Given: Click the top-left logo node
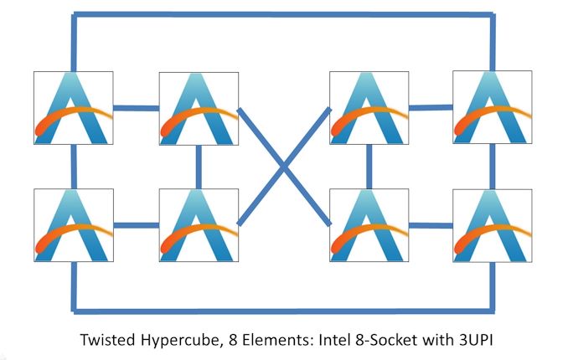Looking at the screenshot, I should coord(73,107).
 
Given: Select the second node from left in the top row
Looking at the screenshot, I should coord(198,107).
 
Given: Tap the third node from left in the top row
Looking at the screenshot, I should coord(369,107).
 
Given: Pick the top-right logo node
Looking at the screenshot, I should coord(491,107).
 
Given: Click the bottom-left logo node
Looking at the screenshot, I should coord(73,225).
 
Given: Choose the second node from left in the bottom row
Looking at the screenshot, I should coord(198,225).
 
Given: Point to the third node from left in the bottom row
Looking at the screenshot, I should coord(369,225).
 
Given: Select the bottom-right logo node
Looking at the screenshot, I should coord(491,225).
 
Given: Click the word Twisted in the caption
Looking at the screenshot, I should coord(106,341).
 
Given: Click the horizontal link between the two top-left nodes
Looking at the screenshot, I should coord(135,107).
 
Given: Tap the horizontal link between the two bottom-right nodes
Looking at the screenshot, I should coord(430,224).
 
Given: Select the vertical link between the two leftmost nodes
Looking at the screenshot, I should coord(74,166).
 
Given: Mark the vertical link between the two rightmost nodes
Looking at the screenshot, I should coord(490,166).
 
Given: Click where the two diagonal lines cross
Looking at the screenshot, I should coord(284,166).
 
